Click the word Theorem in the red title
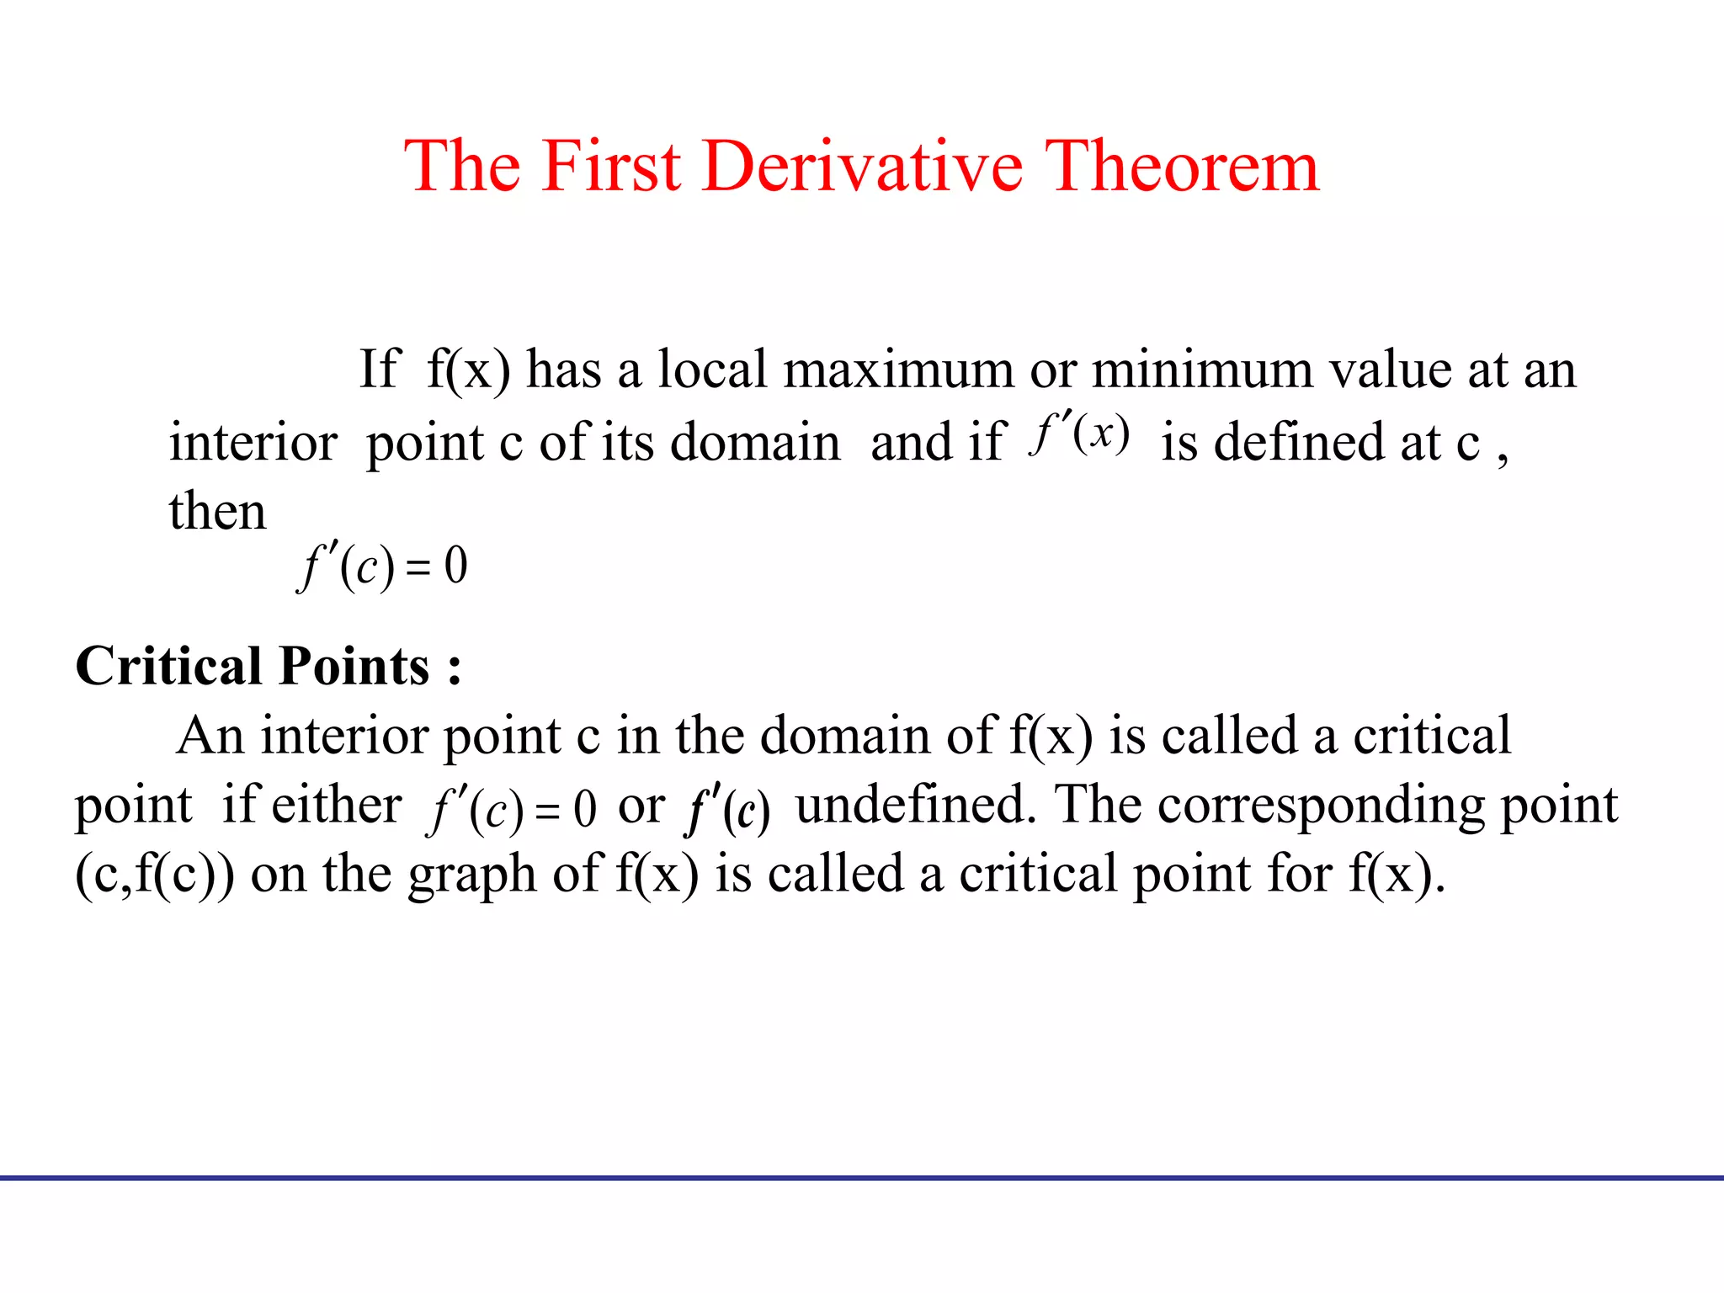(x=1181, y=166)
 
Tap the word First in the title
(x=610, y=166)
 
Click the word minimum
(x=1202, y=370)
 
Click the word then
(x=217, y=511)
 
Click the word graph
(x=472, y=876)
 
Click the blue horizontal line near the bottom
(x=862, y=1178)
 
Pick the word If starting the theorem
(x=378, y=370)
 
